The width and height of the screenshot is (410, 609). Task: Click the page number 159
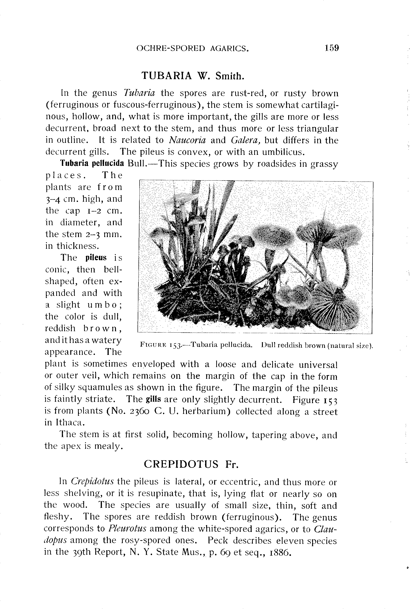click(332, 48)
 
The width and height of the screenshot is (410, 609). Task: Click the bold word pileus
click(96, 258)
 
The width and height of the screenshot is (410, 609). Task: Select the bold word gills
click(153, 400)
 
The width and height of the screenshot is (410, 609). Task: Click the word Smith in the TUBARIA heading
click(229, 76)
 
